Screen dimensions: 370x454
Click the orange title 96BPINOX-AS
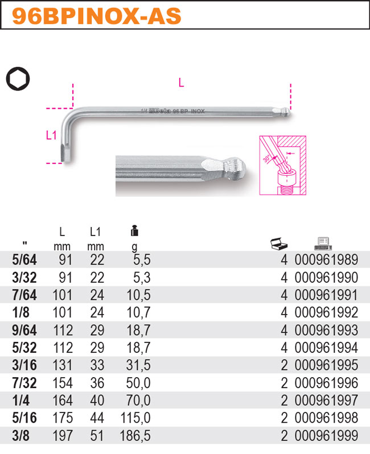tap(96, 16)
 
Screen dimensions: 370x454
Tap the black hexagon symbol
tap(18, 79)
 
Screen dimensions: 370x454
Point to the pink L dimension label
tap(181, 83)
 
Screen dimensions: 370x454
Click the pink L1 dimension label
tap(51, 135)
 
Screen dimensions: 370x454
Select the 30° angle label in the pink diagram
tap(266, 159)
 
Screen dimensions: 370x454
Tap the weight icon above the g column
tap(134, 230)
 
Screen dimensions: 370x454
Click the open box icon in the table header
tap(279, 244)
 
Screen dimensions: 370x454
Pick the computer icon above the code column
tap(323, 243)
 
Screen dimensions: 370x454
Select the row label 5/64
tap(24, 260)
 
